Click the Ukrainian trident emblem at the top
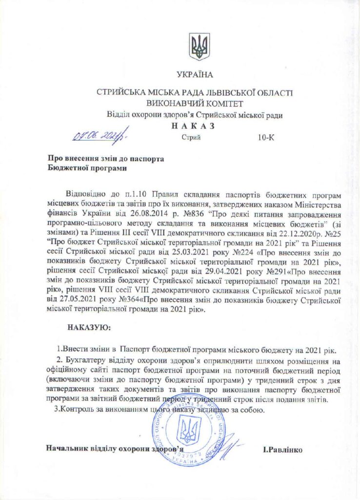point(200,46)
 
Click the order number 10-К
point(266,138)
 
